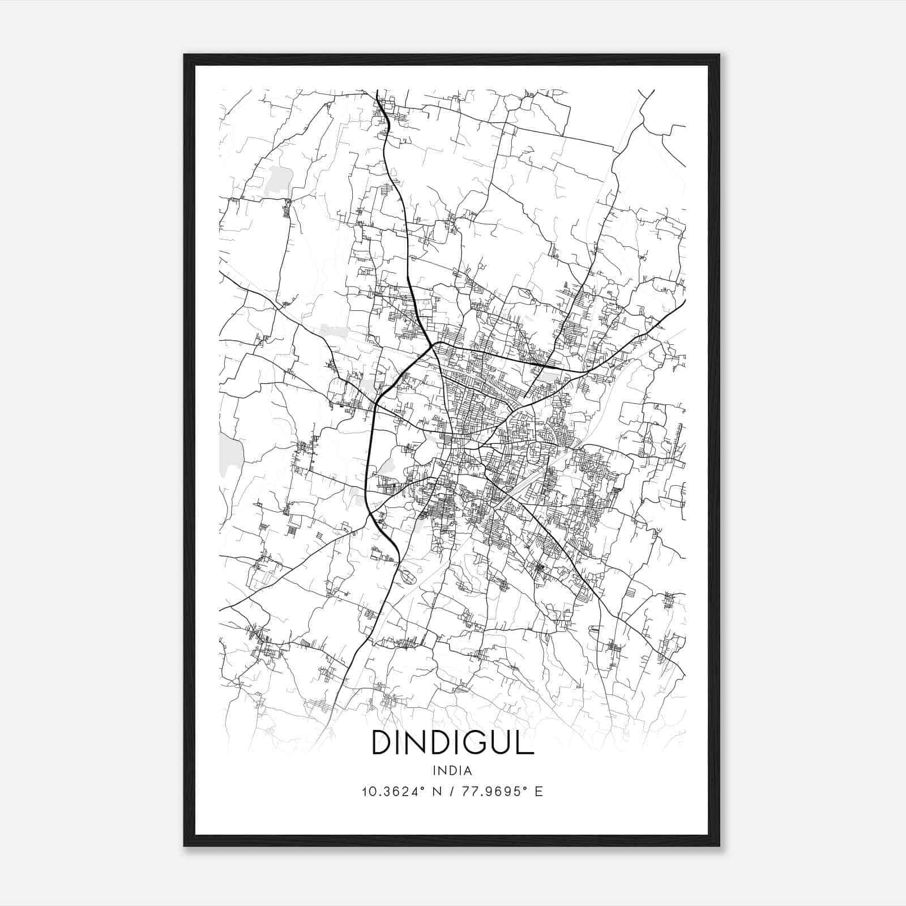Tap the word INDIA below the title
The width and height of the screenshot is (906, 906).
[x=452, y=771]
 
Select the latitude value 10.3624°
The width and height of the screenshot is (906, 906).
[x=392, y=792]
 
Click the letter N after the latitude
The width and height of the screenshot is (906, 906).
[x=436, y=792]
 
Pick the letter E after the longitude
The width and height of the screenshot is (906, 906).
[x=539, y=792]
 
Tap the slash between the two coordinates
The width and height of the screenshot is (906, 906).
[x=451, y=792]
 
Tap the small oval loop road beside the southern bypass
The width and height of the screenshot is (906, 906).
[x=407, y=576]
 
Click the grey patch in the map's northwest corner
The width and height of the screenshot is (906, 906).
[x=278, y=180]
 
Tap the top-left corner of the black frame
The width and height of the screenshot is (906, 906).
[x=184, y=55]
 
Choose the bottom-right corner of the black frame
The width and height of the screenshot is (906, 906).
[x=719, y=845]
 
